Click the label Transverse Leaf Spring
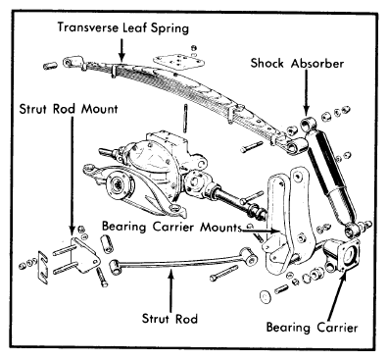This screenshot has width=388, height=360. [123, 27]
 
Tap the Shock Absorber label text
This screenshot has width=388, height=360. [297, 63]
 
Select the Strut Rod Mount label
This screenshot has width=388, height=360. [69, 109]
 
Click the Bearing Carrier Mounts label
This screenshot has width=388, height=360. [171, 227]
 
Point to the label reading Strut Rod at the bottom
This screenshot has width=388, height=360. [170, 318]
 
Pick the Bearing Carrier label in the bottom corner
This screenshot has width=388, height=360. [312, 328]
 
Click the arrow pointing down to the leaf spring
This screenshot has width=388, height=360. [121, 50]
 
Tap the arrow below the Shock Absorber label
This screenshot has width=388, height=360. [306, 92]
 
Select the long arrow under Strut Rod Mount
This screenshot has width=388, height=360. [72, 176]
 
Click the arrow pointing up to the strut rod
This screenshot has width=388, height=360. [170, 289]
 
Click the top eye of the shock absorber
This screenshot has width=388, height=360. [308, 125]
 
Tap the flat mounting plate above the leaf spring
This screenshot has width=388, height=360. [178, 62]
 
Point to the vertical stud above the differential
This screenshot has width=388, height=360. [185, 119]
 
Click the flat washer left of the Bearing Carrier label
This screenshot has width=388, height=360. [265, 295]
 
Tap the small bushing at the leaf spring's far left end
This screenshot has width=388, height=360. [49, 66]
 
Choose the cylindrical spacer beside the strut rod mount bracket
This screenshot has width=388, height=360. [107, 243]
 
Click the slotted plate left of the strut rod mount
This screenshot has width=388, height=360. [43, 267]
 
